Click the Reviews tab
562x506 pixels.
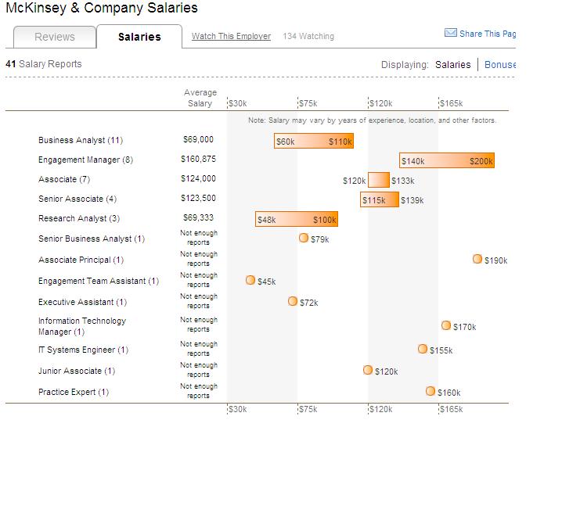(55, 37)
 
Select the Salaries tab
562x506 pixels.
(139, 37)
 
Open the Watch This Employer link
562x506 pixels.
(231, 36)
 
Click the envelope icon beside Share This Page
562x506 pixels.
(450, 33)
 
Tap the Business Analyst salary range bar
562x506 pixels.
(313, 141)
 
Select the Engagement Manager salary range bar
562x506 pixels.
(446, 160)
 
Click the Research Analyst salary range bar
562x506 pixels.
(296, 219)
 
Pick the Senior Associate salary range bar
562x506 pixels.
(380, 199)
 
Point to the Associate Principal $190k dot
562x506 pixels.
(477, 259)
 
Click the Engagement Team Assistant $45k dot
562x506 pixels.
(250, 280)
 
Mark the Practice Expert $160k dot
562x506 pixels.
(431, 391)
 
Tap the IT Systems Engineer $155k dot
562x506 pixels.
(423, 349)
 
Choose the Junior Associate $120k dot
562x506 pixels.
(368, 370)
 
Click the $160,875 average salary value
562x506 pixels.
(198, 160)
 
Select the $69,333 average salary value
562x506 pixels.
(198, 218)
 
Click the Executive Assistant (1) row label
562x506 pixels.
(82, 302)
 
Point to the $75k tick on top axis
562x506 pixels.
(308, 103)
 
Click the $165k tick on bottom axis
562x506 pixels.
(451, 409)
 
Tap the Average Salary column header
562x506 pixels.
(200, 98)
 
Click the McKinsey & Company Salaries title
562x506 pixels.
(102, 9)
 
